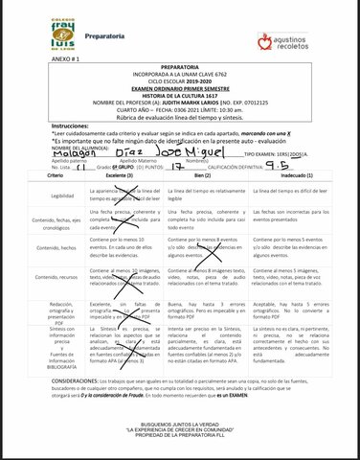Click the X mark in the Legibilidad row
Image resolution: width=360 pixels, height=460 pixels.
pyautogui.click(x=140, y=195)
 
